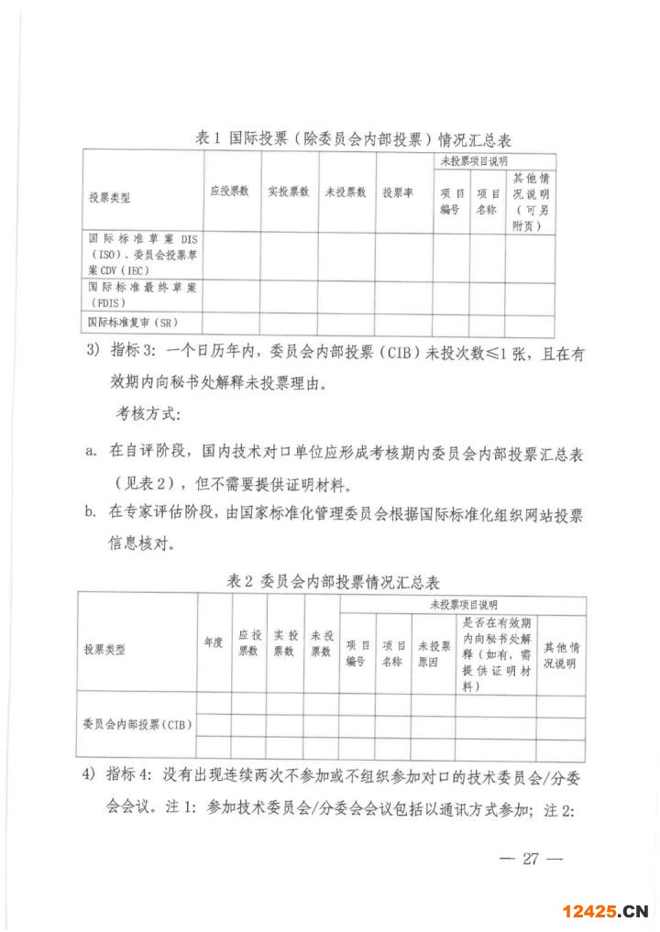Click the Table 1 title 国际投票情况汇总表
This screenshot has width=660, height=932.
tap(353, 140)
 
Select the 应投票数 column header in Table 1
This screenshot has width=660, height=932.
tap(230, 192)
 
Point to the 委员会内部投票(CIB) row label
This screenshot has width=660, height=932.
tap(137, 725)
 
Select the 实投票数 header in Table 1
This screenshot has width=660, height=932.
tap(288, 192)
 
